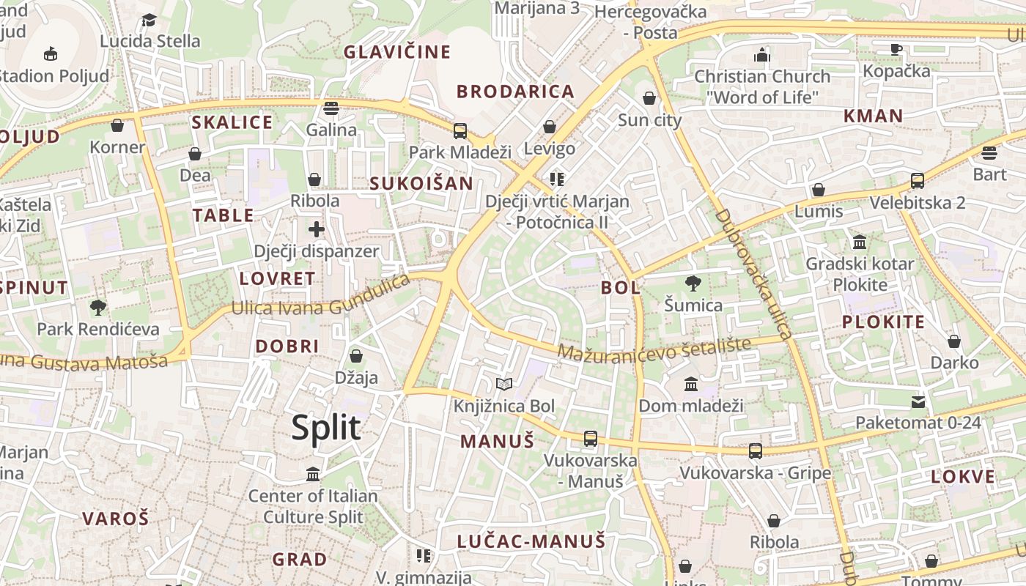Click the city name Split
point(326,427)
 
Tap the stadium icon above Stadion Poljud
point(51,53)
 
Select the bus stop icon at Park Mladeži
point(460,131)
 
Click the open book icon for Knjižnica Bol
point(503,384)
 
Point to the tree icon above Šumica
point(693,283)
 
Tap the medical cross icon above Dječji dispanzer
point(317,229)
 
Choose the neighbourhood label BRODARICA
point(515,92)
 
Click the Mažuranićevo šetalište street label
point(654,349)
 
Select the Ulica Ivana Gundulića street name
point(320,296)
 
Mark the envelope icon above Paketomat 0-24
point(918,401)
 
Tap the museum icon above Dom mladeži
point(690,384)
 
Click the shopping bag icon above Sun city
point(649,98)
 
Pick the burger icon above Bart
point(989,153)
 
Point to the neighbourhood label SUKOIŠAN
point(421,183)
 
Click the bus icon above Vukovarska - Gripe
point(755,450)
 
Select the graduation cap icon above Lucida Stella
point(150,20)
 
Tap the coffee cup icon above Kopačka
point(896,49)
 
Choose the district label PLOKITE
point(883,322)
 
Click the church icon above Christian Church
point(762,55)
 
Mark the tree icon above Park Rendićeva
point(97,307)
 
